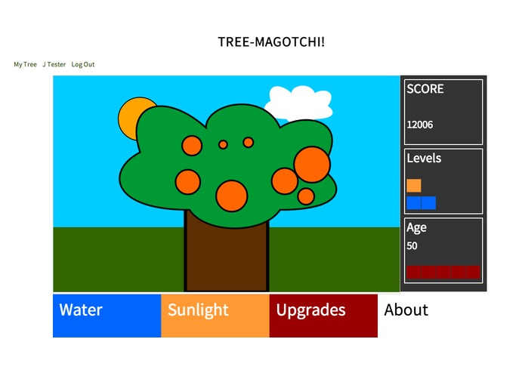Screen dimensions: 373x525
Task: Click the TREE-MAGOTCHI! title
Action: click(271, 42)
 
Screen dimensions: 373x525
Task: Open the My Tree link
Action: click(25, 65)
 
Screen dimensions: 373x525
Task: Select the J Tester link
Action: click(54, 65)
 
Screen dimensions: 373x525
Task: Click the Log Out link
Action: click(83, 65)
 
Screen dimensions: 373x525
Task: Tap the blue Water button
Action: click(107, 316)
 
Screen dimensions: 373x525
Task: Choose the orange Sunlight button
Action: click(215, 316)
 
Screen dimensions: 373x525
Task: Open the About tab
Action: click(406, 310)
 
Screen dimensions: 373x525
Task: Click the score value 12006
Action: click(420, 125)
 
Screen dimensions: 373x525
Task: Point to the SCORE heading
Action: click(425, 88)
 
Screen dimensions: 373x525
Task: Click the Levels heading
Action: click(424, 159)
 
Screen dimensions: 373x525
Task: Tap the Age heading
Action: click(416, 227)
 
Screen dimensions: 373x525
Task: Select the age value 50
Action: click(412, 245)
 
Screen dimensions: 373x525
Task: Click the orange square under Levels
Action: click(414, 186)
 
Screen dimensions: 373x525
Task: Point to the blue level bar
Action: click(421, 203)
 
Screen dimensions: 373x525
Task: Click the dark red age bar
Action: click(443, 272)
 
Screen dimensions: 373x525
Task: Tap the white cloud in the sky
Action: click(298, 101)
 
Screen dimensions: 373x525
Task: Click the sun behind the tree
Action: click(128, 115)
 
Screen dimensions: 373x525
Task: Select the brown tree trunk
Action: click(227, 257)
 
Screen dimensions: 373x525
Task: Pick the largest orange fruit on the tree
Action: click(311, 164)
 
